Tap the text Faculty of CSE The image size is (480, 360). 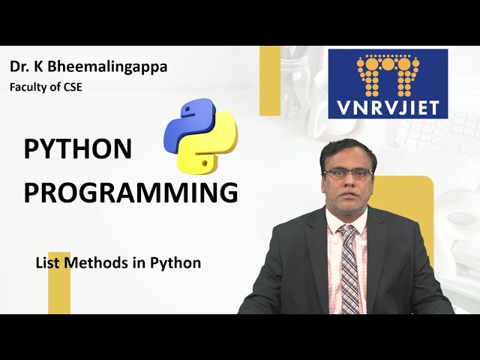click(46, 87)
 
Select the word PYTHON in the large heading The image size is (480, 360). click(78, 149)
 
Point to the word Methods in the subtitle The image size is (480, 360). click(104, 263)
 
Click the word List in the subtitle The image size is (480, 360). click(48, 263)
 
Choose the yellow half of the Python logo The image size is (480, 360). click(212, 148)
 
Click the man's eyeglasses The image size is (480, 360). click(347, 173)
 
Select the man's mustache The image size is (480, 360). click(347, 194)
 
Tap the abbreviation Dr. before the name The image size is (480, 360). click(19, 67)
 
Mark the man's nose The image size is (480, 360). click(347, 184)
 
